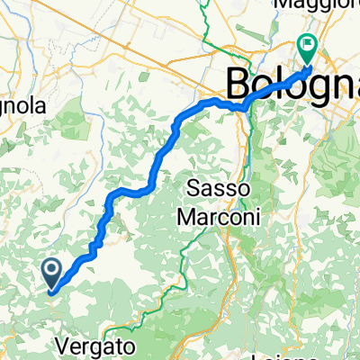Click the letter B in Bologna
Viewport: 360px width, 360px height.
[x=240, y=85]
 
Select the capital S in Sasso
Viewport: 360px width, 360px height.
[x=195, y=190]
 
